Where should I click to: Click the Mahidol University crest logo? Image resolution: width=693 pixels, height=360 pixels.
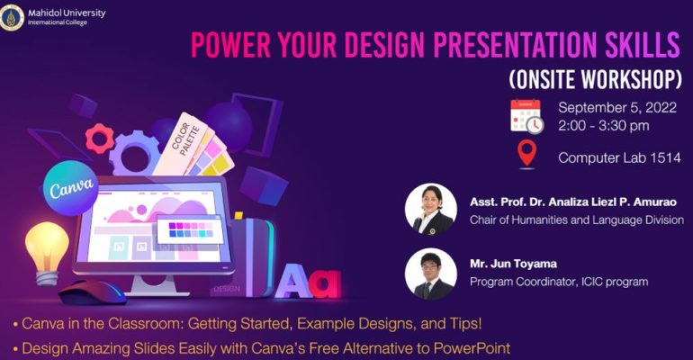coord(12,17)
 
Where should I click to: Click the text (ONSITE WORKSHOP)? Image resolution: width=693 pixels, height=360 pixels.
coord(595,79)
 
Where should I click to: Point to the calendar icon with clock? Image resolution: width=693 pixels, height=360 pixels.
coord(526,116)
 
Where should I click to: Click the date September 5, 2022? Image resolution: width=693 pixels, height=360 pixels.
coord(617,108)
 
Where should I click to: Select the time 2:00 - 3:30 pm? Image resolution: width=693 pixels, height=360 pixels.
coord(603,125)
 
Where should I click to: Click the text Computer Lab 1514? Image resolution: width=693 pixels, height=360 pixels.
coord(619,157)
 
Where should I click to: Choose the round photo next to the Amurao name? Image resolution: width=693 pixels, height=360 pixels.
coord(431,210)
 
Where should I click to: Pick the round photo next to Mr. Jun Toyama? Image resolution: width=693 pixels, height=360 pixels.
coord(431,274)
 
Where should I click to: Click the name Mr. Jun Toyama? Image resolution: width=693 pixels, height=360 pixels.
coord(513,264)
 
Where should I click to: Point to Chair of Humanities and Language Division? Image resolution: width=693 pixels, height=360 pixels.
coord(576,220)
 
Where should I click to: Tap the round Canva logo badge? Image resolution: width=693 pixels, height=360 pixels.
coord(71,188)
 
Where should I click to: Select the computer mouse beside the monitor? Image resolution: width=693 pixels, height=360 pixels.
coord(93,292)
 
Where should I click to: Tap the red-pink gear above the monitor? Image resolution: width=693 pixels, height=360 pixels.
coord(99,139)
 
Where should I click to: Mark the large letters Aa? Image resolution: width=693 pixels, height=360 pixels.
coord(308,281)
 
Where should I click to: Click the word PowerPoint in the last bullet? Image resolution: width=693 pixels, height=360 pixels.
coord(472,348)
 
